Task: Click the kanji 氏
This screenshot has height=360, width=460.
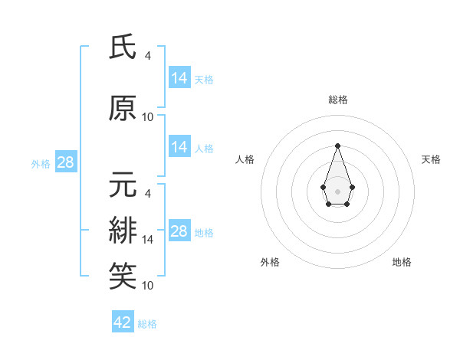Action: click(x=123, y=47)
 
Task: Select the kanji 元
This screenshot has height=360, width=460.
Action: click(x=123, y=185)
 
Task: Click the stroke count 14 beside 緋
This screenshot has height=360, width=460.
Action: click(x=148, y=240)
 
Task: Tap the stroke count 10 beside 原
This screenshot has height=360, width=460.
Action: click(x=148, y=116)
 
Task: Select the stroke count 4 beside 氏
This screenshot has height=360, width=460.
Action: click(x=148, y=56)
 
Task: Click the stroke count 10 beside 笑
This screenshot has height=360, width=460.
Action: click(x=148, y=285)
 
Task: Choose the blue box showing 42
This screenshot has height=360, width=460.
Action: click(x=123, y=322)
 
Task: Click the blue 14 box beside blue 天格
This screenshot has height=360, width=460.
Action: click(x=179, y=78)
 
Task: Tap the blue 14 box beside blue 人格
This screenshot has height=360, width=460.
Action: click(x=179, y=147)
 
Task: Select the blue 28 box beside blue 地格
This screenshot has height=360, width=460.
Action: click(x=179, y=231)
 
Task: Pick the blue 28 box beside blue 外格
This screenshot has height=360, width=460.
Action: click(x=65, y=162)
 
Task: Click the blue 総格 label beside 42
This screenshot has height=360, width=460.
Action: click(x=147, y=324)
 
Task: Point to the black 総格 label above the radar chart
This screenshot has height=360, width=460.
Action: click(x=337, y=100)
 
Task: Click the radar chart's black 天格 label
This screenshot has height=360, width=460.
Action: click(x=431, y=159)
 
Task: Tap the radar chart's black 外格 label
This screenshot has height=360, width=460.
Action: click(x=270, y=262)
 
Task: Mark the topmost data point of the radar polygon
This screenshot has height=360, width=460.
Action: click(x=337, y=146)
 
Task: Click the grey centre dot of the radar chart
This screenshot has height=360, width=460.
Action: click(x=337, y=190)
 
